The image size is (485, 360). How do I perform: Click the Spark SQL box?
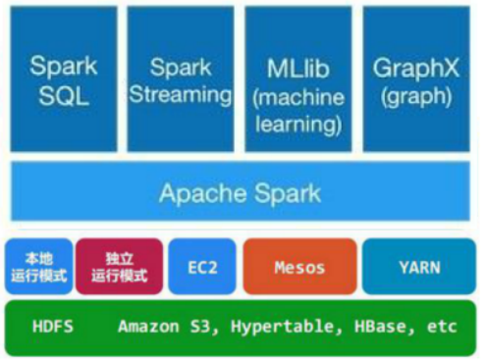pos(64,80)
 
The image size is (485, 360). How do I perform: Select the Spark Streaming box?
pos(183,80)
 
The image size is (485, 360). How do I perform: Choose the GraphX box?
pos(416,80)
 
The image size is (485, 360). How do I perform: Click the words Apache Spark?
pos(240,192)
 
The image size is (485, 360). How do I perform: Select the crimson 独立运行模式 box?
pos(119,266)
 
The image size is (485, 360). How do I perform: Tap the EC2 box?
pos(202,266)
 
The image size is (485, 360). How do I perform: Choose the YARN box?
pos(418,266)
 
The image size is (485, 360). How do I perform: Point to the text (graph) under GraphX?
pos(416,96)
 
